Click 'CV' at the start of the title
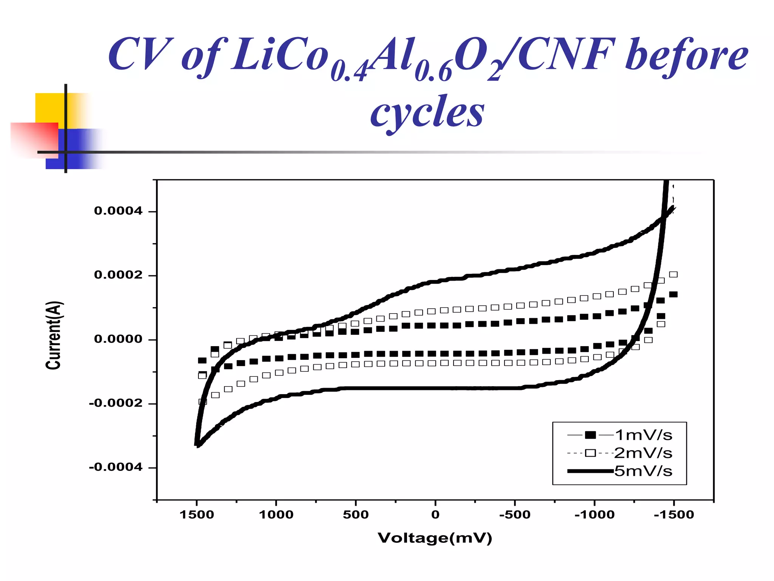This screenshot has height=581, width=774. [141, 55]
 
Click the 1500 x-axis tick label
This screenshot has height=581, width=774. [197, 515]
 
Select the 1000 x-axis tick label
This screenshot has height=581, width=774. [276, 515]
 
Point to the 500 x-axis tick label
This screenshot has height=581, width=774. [356, 515]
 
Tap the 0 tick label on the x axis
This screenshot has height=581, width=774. [435, 515]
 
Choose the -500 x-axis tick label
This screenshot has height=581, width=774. [514, 515]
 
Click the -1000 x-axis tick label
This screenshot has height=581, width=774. [594, 515]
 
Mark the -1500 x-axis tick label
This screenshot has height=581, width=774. [673, 515]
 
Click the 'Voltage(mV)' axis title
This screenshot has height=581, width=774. [435, 538]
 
